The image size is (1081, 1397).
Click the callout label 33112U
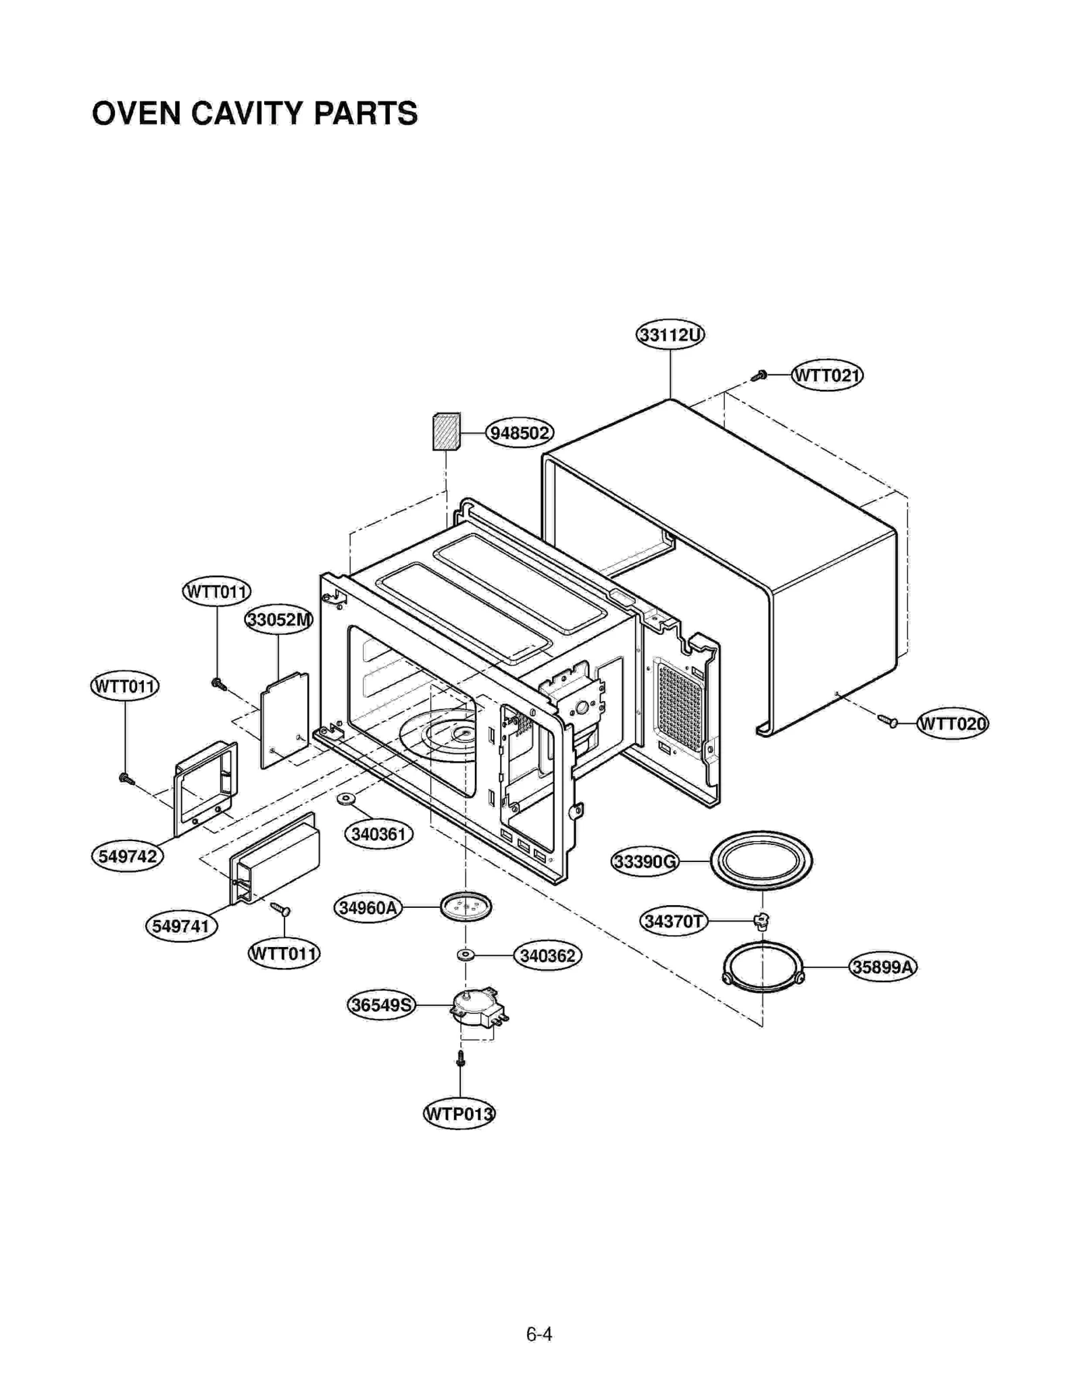click(670, 334)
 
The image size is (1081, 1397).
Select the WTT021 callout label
click(827, 375)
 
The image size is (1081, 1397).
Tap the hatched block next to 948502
click(446, 432)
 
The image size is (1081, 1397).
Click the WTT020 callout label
click(952, 723)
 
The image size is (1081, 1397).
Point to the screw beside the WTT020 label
click(888, 721)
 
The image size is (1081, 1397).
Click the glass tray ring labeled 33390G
click(761, 861)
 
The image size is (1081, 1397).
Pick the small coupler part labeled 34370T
click(761, 921)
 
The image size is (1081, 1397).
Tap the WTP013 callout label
click(459, 1113)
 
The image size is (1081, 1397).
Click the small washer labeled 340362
click(465, 955)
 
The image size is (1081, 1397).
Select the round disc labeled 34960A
click(466, 907)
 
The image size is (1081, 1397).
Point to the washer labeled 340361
click(346, 799)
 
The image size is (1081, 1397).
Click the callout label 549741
click(181, 925)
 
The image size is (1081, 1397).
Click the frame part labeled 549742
click(205, 787)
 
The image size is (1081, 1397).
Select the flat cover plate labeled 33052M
click(284, 720)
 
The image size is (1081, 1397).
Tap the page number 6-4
click(539, 1334)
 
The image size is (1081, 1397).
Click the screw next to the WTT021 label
click(759, 376)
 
